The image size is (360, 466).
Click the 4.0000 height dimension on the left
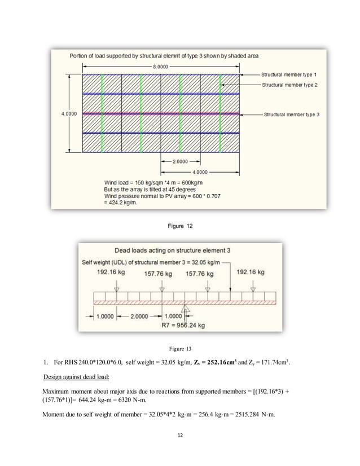pos(69,113)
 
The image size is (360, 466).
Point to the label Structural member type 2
pos(289,84)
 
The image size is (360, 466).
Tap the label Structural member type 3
pos(292,114)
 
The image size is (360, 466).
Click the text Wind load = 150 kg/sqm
pos(139,182)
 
